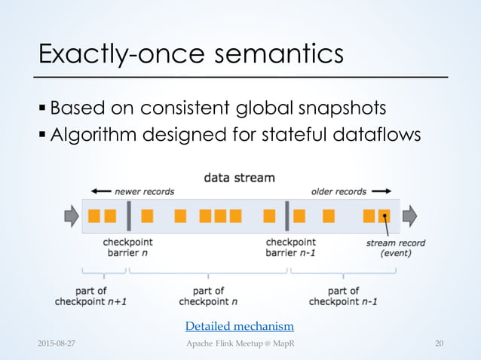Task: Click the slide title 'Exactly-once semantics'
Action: [191, 54]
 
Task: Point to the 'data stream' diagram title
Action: [239, 178]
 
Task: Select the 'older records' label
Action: [339, 191]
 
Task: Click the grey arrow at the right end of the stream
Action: [409, 217]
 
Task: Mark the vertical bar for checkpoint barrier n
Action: [130, 216]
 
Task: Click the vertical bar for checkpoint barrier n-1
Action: [287, 216]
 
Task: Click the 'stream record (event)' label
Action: [395, 248]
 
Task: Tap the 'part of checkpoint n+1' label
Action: [91, 296]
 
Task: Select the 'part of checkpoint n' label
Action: [208, 296]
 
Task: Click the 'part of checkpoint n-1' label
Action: [343, 296]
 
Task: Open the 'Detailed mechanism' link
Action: [240, 326]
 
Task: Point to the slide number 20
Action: [439, 344]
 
